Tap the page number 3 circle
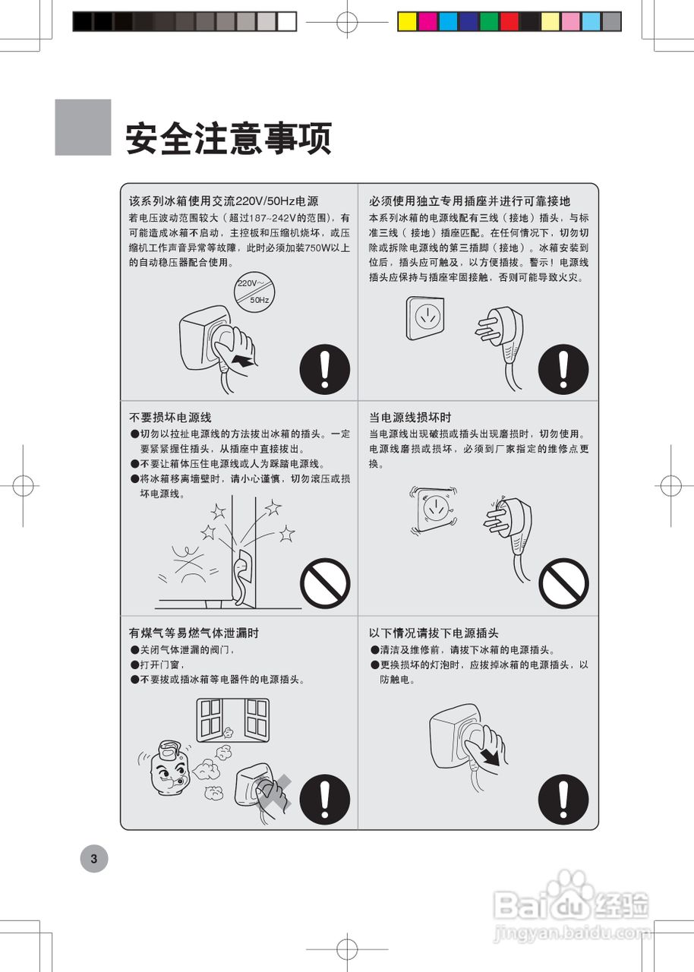[x=94, y=859]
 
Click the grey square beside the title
[x=83, y=128]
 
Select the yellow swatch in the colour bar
[x=408, y=21]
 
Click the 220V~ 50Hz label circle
[x=254, y=291]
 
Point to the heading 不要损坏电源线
[x=170, y=418]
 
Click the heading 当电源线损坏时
[x=410, y=418]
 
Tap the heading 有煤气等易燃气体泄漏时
[x=194, y=633]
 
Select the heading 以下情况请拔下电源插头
[x=434, y=633]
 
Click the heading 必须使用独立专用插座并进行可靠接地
[x=469, y=201]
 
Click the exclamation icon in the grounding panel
[x=563, y=368]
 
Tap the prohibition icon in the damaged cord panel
[x=563, y=583]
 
